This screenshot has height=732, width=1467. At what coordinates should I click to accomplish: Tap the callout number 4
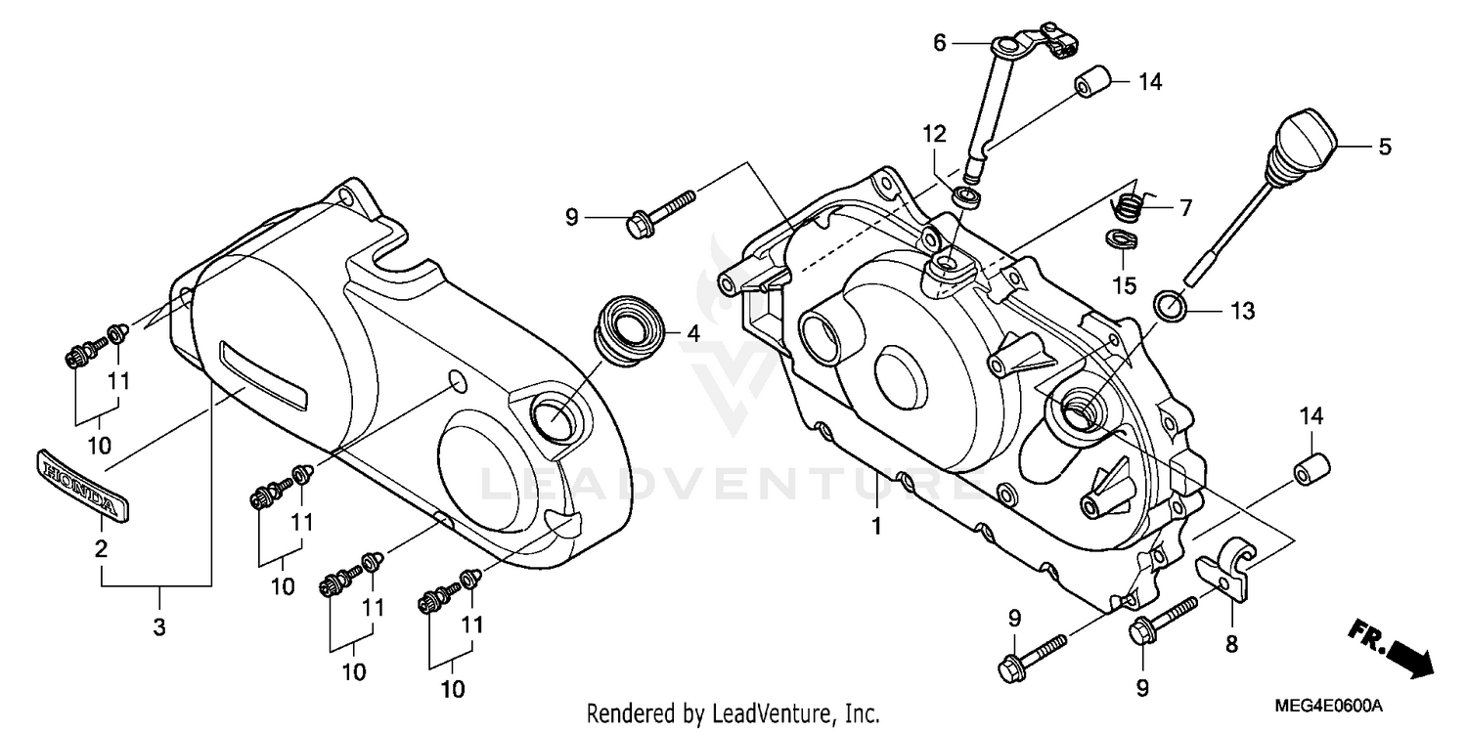click(692, 334)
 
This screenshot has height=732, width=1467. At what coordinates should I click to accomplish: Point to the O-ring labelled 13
click(1172, 306)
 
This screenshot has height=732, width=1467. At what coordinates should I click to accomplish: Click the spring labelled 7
click(1130, 207)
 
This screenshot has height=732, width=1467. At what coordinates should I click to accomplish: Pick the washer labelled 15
click(1119, 239)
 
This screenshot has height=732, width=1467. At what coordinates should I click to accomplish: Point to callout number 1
click(877, 526)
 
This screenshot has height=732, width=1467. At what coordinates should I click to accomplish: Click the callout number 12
click(933, 133)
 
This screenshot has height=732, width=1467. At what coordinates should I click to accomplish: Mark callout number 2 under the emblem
click(101, 549)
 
